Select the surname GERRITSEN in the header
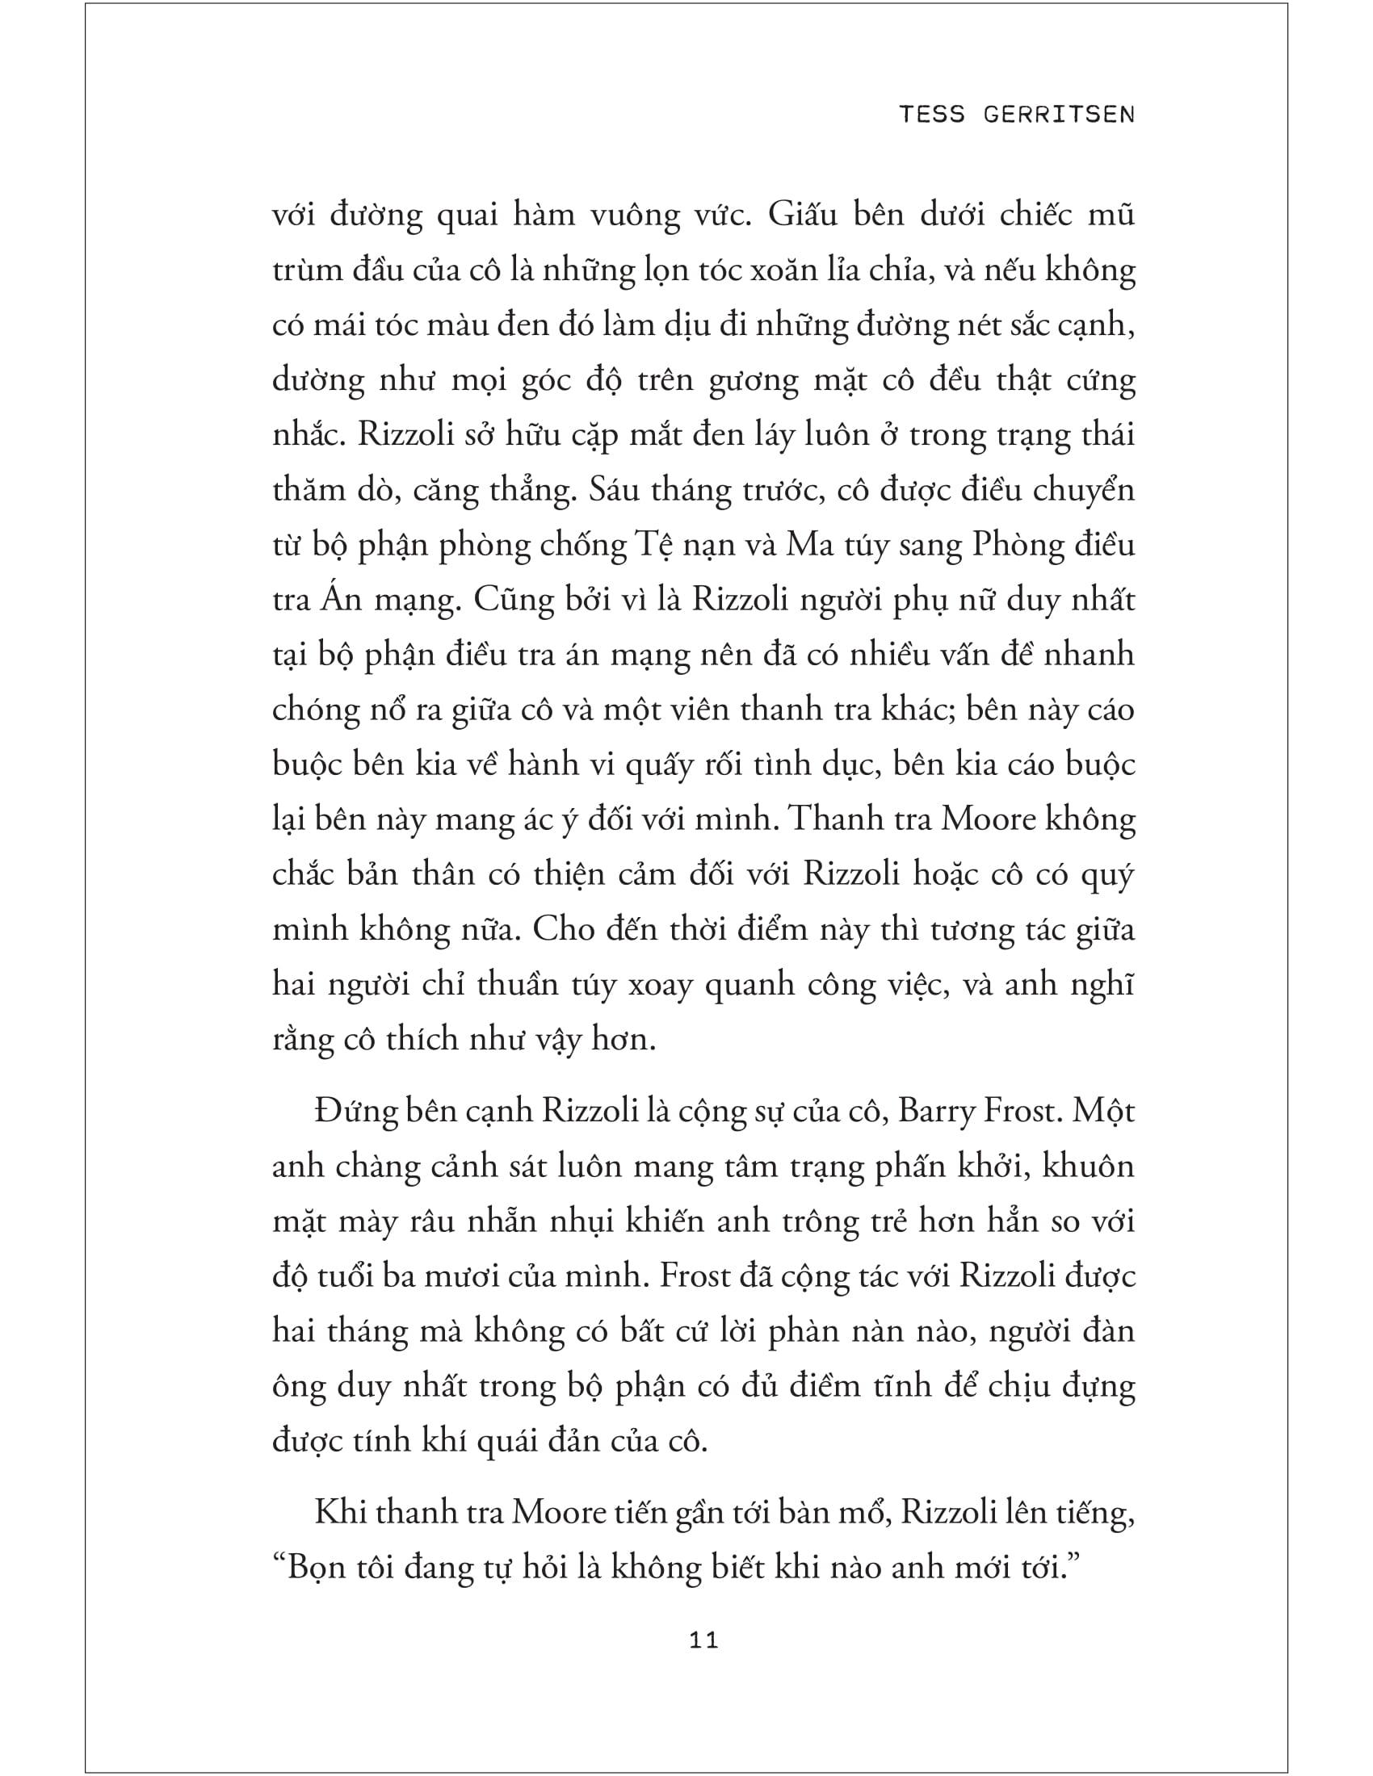click(x=1058, y=114)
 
